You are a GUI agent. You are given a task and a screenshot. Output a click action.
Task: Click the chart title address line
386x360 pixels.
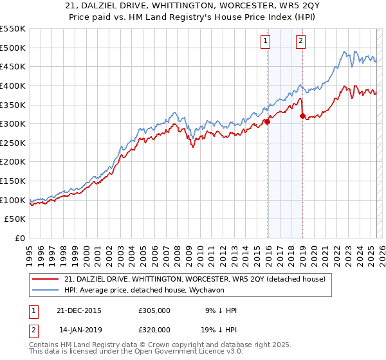pyautogui.click(x=193, y=6)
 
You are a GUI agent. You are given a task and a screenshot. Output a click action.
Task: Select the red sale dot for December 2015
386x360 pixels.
pyautogui.click(x=267, y=122)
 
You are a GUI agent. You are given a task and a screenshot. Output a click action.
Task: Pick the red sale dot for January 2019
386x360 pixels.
pyautogui.click(x=302, y=116)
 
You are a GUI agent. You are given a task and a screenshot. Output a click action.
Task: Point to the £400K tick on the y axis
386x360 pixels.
pyautogui.click(x=14, y=85)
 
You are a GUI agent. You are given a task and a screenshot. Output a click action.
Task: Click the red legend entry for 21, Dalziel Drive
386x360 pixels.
pyautogui.click(x=195, y=279)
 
